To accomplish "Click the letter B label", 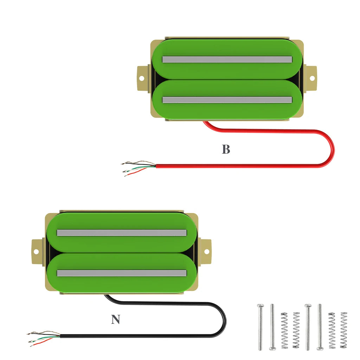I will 226,149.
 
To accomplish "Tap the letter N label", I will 115,320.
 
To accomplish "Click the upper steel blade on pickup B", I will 227,59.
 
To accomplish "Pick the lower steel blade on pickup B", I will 227,100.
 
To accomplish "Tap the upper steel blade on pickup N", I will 121,233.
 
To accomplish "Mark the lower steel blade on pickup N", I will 121,273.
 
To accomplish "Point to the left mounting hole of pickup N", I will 36,251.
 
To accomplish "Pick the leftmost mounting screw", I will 260,327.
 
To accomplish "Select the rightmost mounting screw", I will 320,327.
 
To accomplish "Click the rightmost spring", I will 343,330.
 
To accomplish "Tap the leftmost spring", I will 284,330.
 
